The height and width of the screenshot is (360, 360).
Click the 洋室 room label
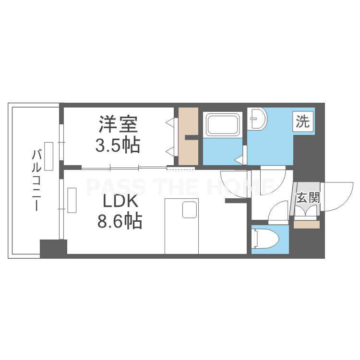click(x=118, y=124)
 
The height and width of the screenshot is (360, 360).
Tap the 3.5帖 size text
click(x=118, y=145)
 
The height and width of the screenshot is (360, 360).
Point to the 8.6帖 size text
click(x=120, y=221)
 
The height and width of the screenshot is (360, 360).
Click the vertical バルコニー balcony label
click(x=37, y=180)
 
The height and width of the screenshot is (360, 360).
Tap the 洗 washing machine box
click(x=303, y=121)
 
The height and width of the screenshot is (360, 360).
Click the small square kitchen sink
click(x=190, y=210)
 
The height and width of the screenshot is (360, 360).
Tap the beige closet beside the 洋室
click(x=188, y=136)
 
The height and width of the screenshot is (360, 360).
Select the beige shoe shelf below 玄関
click(x=307, y=225)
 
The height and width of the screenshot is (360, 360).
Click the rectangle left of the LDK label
click(x=72, y=200)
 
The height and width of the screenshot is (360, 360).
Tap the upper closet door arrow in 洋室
click(x=170, y=122)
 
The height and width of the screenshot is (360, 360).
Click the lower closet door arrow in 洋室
click(x=170, y=151)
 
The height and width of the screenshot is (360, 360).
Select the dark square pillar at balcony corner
click(x=53, y=249)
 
